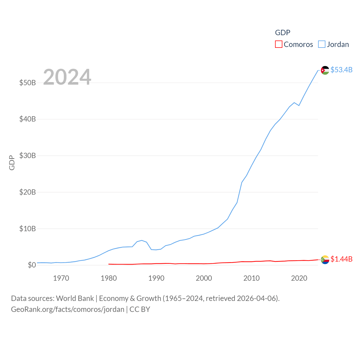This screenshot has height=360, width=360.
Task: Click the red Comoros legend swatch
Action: click(278, 44)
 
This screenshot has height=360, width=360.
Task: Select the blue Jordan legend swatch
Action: click(322, 44)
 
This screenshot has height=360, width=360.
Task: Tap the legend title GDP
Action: click(282, 33)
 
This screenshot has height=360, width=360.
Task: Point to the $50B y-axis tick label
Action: click(28, 83)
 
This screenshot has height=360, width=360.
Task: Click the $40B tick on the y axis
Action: click(28, 119)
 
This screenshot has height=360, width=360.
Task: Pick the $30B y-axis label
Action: click(28, 156)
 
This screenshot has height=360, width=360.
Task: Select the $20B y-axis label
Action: click(28, 192)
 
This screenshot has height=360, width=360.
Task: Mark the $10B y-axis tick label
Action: click(28, 229)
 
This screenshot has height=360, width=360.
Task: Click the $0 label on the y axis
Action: click(32, 265)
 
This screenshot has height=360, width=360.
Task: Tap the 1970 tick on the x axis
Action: click(61, 278)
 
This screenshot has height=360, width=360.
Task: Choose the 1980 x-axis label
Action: click(109, 278)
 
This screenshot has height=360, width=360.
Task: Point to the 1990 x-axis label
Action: click(156, 278)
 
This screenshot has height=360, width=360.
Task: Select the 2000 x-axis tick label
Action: click(204, 278)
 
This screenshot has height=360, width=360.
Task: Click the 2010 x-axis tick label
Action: click(251, 278)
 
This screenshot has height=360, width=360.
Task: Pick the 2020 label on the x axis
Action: click(299, 278)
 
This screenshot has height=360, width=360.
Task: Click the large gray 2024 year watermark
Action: click(67, 77)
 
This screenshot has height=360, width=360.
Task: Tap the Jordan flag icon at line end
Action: click(325, 70)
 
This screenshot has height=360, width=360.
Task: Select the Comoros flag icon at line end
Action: click(325, 260)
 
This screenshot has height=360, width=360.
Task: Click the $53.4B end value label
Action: click(341, 70)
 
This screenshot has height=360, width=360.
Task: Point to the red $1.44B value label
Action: click(341, 259)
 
